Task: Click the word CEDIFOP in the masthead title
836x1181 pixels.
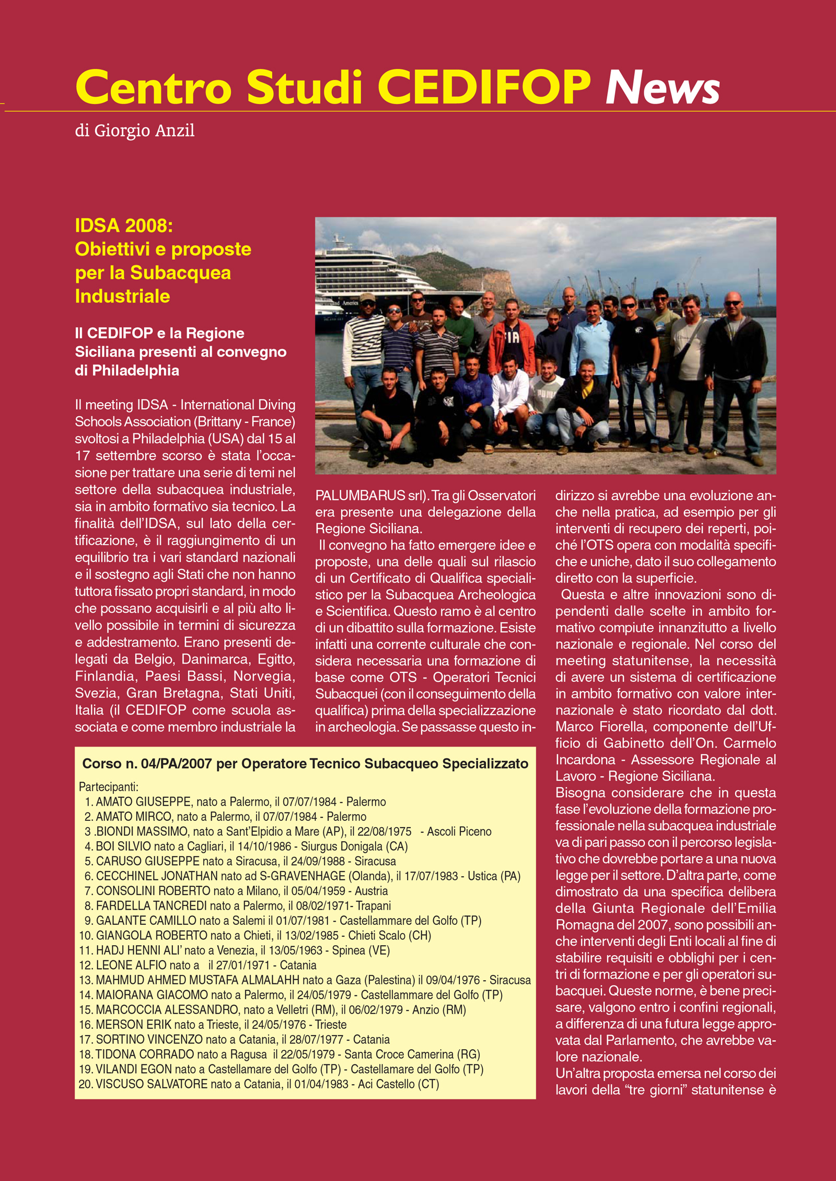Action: [x=484, y=87]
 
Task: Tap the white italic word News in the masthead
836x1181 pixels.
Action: [x=663, y=87]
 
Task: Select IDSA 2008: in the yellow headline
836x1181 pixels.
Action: [x=124, y=226]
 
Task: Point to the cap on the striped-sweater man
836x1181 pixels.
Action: [x=367, y=297]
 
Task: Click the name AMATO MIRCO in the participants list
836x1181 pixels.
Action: [x=133, y=817]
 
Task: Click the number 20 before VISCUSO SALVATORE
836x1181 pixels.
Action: [x=85, y=1084]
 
